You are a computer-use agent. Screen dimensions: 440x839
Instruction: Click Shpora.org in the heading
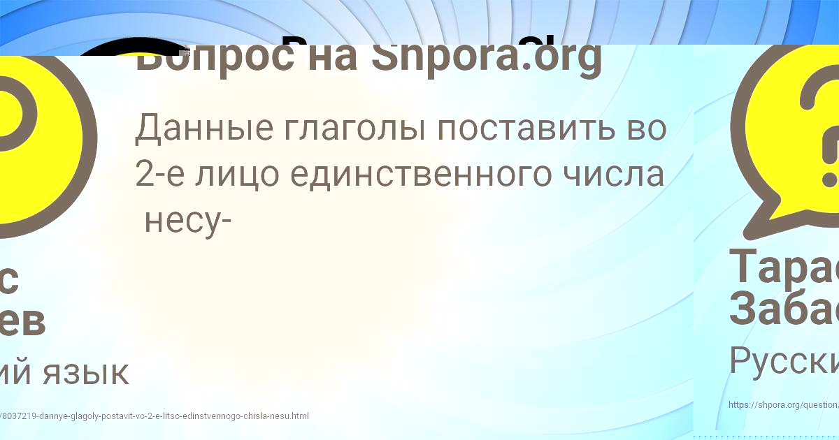point(486,59)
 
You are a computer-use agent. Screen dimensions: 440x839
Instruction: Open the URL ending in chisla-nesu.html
point(154,416)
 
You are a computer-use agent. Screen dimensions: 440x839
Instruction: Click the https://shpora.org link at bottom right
point(782,404)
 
